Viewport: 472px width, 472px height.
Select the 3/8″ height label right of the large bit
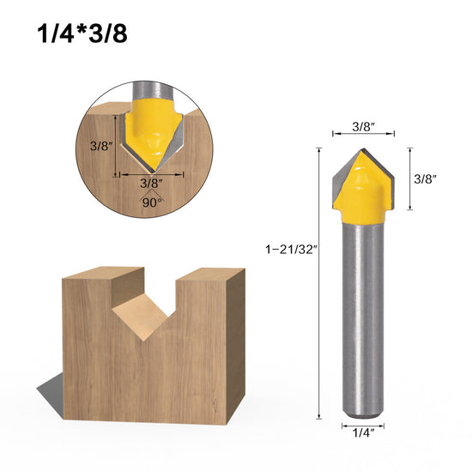(x=427, y=179)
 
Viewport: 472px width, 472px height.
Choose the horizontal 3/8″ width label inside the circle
(x=149, y=181)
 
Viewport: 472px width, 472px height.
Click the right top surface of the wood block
(x=210, y=277)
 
